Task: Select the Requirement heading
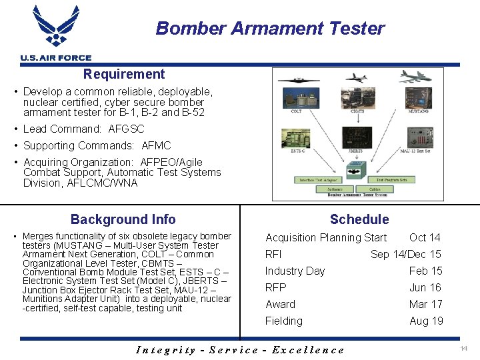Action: click(124, 74)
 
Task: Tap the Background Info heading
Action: click(123, 219)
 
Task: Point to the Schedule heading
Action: click(359, 219)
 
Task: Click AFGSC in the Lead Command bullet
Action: click(126, 129)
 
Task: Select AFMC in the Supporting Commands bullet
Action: click(157, 145)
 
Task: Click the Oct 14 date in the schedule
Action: click(425, 237)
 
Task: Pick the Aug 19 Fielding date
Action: click(426, 321)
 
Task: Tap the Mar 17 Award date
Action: click(425, 304)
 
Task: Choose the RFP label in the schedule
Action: click(275, 287)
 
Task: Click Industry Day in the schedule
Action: click(295, 271)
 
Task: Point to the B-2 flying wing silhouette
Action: click(299, 79)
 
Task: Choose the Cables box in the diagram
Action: click(375, 189)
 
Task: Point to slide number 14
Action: click(463, 349)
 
